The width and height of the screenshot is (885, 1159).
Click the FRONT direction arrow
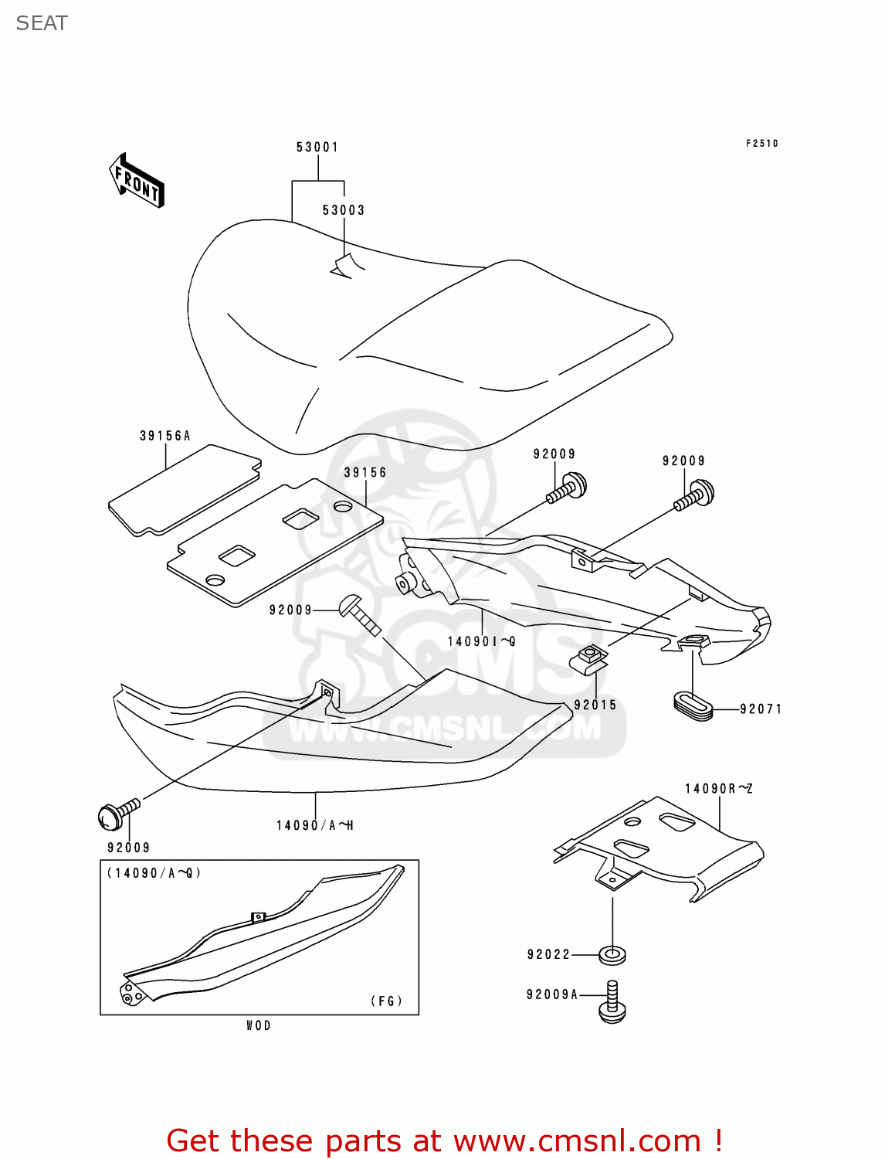[137, 181]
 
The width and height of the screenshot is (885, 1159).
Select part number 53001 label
[317, 147]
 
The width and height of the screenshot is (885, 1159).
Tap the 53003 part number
[344, 210]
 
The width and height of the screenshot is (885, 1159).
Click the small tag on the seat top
[346, 265]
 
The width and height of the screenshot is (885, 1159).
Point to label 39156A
[165, 436]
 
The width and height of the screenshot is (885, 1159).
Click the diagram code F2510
[762, 143]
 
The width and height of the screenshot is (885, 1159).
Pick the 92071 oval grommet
[693, 705]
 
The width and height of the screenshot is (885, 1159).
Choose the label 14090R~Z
[719, 789]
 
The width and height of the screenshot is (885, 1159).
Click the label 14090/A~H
[315, 825]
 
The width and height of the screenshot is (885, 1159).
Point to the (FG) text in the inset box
[387, 1001]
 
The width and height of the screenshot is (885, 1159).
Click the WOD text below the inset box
[259, 1025]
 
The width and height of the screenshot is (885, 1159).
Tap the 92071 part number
[761, 709]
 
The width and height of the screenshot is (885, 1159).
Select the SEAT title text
[42, 23]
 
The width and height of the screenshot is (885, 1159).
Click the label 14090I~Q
[481, 641]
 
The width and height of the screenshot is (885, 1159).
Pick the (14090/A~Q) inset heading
[154, 873]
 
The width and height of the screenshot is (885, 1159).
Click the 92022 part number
[549, 955]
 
